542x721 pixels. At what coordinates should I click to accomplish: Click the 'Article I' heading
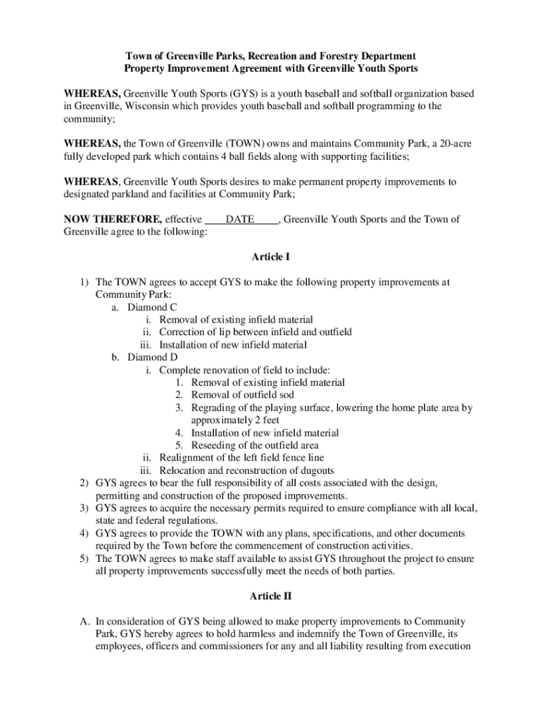coord(270,257)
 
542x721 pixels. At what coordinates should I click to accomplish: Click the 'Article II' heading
coord(270,596)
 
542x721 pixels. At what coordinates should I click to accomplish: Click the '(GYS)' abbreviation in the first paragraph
coord(230,94)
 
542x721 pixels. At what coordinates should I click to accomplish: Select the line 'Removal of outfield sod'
coord(243,395)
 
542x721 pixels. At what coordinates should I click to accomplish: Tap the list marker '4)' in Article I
coord(83,533)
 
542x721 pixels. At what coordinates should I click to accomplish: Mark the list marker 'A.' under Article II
coord(84,622)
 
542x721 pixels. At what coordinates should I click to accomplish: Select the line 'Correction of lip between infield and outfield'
coord(256,332)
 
